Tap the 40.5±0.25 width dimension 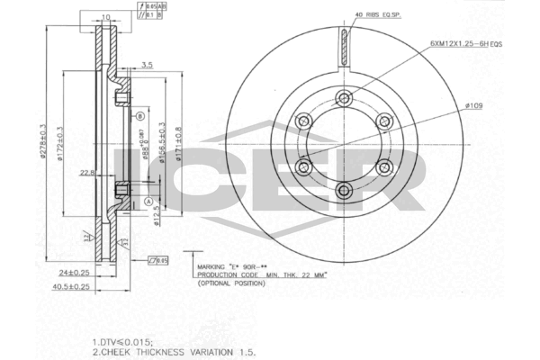click(x=71, y=287)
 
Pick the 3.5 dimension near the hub click(x=146, y=66)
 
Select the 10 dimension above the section click(x=106, y=17)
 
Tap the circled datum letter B click(x=140, y=116)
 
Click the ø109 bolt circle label click(x=476, y=107)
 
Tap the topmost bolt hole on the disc click(x=345, y=99)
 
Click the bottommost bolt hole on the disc click(x=345, y=190)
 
